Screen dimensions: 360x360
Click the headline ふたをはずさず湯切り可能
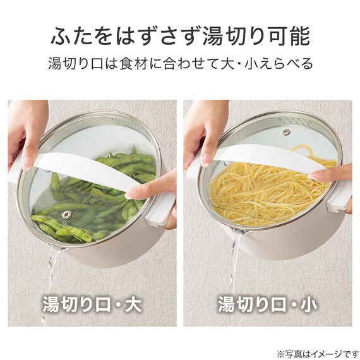180,36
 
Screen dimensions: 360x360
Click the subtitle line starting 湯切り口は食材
180,64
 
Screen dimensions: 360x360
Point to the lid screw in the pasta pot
286,132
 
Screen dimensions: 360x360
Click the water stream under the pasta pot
234,265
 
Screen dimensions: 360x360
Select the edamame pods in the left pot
95,208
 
